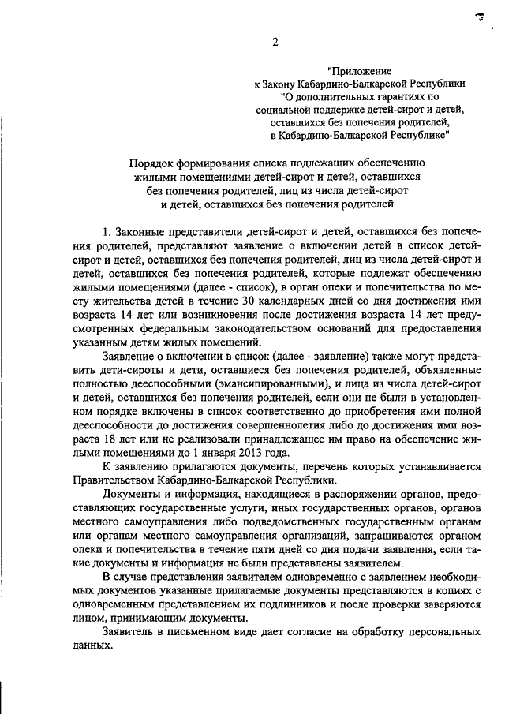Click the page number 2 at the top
(275, 43)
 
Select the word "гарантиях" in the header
(405, 96)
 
